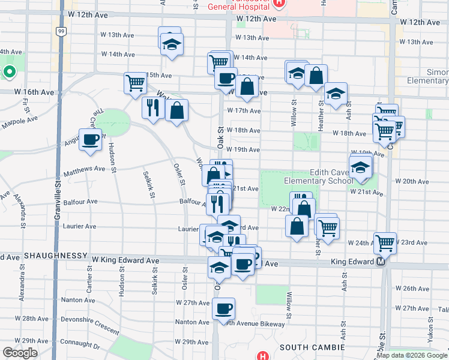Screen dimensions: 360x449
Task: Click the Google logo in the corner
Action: tap(20, 353)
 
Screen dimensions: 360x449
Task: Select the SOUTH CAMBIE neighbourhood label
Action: tap(312, 347)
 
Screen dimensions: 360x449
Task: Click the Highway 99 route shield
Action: tap(61, 30)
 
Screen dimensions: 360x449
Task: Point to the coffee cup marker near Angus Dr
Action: tap(91, 140)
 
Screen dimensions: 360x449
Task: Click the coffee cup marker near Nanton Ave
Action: tap(223, 310)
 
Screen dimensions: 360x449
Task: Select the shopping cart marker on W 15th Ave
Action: tap(136, 83)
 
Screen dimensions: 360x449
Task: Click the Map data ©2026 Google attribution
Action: tap(412, 356)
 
